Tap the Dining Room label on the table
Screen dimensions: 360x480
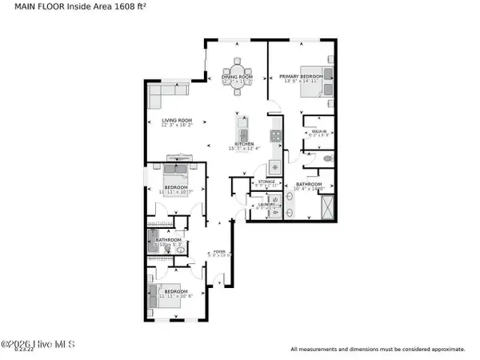coord(238,77)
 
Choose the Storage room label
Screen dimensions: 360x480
coord(266,182)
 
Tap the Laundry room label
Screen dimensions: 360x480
coord(266,204)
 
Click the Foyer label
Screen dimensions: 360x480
coord(218,250)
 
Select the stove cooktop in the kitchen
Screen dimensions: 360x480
coord(275,136)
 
